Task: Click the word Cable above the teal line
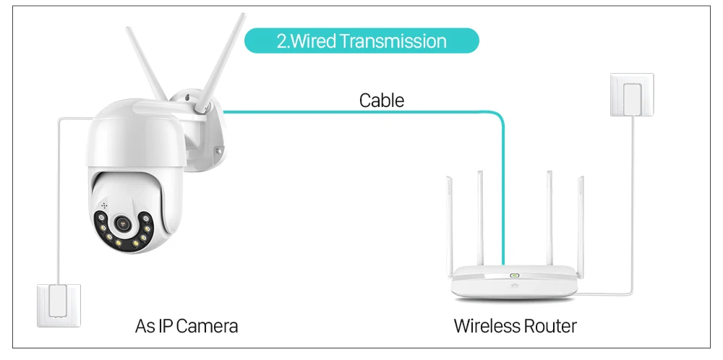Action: point(381,100)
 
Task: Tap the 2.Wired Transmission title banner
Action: point(361,40)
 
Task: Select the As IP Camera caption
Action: point(187,326)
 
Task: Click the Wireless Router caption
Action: point(515,326)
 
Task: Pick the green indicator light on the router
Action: point(515,275)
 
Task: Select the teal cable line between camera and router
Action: point(361,112)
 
